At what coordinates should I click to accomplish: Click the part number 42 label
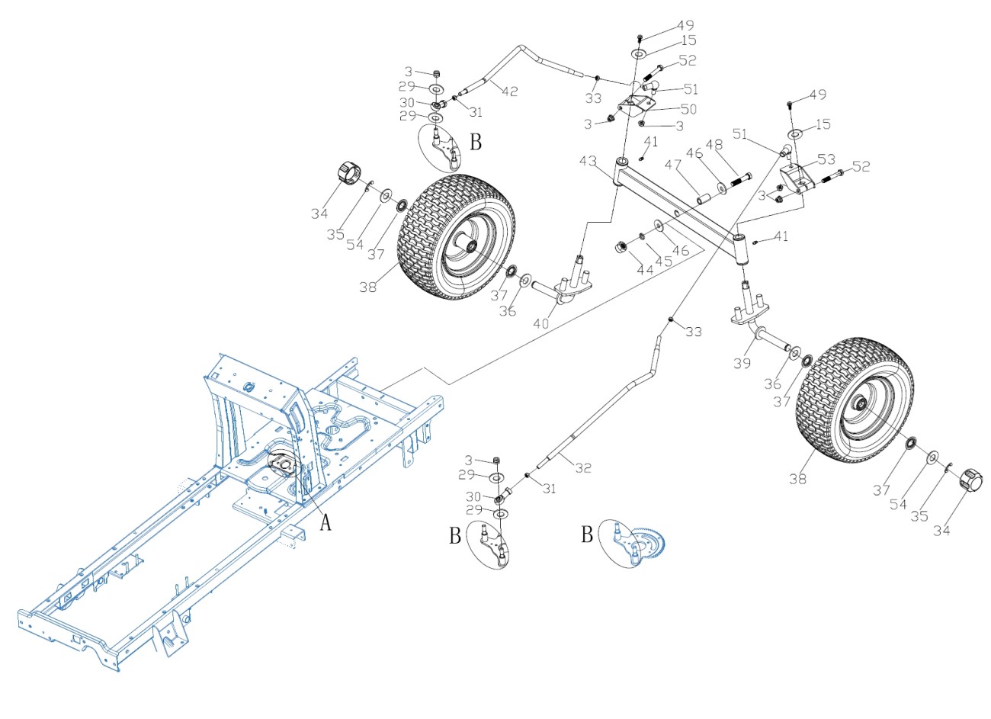pos(509,91)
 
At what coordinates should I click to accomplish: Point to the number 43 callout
pos(588,162)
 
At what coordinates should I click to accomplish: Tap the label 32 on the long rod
pos(582,468)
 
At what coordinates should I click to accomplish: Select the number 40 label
pos(540,323)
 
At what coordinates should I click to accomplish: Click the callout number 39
pos(742,364)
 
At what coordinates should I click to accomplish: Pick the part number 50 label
pos(689,109)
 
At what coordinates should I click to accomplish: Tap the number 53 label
pos(826,159)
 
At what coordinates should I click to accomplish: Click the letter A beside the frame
pos(326,522)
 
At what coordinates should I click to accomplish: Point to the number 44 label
pos(645,270)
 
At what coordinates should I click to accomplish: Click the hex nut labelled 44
pos(621,246)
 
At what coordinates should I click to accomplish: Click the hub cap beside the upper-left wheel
pos(347,173)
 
